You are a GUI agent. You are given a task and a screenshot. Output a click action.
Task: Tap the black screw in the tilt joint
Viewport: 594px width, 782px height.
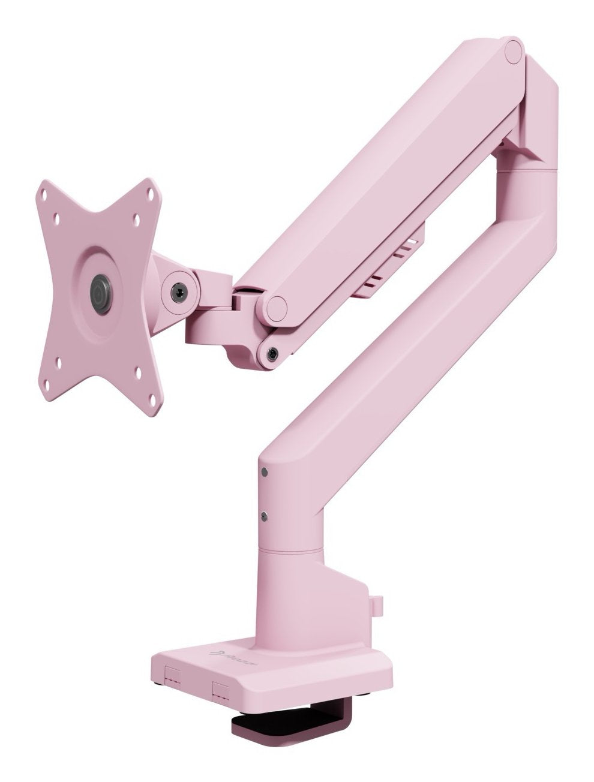[x=178, y=293]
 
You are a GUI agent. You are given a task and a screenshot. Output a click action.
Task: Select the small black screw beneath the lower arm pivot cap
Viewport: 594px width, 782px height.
[x=272, y=354]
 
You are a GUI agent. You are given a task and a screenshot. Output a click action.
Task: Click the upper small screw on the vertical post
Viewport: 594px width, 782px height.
[x=264, y=474]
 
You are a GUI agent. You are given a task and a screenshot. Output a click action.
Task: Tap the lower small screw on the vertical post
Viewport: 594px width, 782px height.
[x=264, y=515]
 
